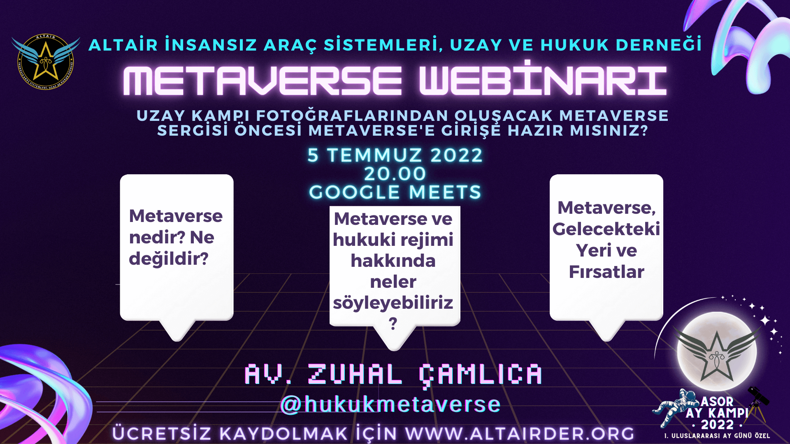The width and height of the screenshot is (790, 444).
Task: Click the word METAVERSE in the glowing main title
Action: pyautogui.click(x=263, y=81)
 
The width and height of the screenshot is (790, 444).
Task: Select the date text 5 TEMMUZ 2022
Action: pyautogui.click(x=395, y=155)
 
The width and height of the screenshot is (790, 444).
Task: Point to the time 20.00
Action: pyautogui.click(x=395, y=174)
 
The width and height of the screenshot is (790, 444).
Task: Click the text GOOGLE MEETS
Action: pyautogui.click(x=395, y=192)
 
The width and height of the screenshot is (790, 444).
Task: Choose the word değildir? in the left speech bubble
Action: pyautogui.click(x=169, y=259)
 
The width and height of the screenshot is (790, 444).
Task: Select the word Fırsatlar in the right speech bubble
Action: pyautogui.click(x=606, y=272)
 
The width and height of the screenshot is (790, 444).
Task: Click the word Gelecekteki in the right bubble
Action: pyautogui.click(x=606, y=229)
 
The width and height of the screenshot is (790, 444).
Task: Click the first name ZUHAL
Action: pyautogui.click(x=355, y=375)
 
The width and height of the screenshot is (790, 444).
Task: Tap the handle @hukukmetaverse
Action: pyautogui.click(x=390, y=405)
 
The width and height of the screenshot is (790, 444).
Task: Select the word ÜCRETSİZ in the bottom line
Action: pyautogui.click(x=162, y=434)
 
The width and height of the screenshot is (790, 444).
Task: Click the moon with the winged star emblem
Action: pyautogui.click(x=717, y=351)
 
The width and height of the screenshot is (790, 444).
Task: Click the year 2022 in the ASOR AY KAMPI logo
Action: pyautogui.click(x=717, y=425)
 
